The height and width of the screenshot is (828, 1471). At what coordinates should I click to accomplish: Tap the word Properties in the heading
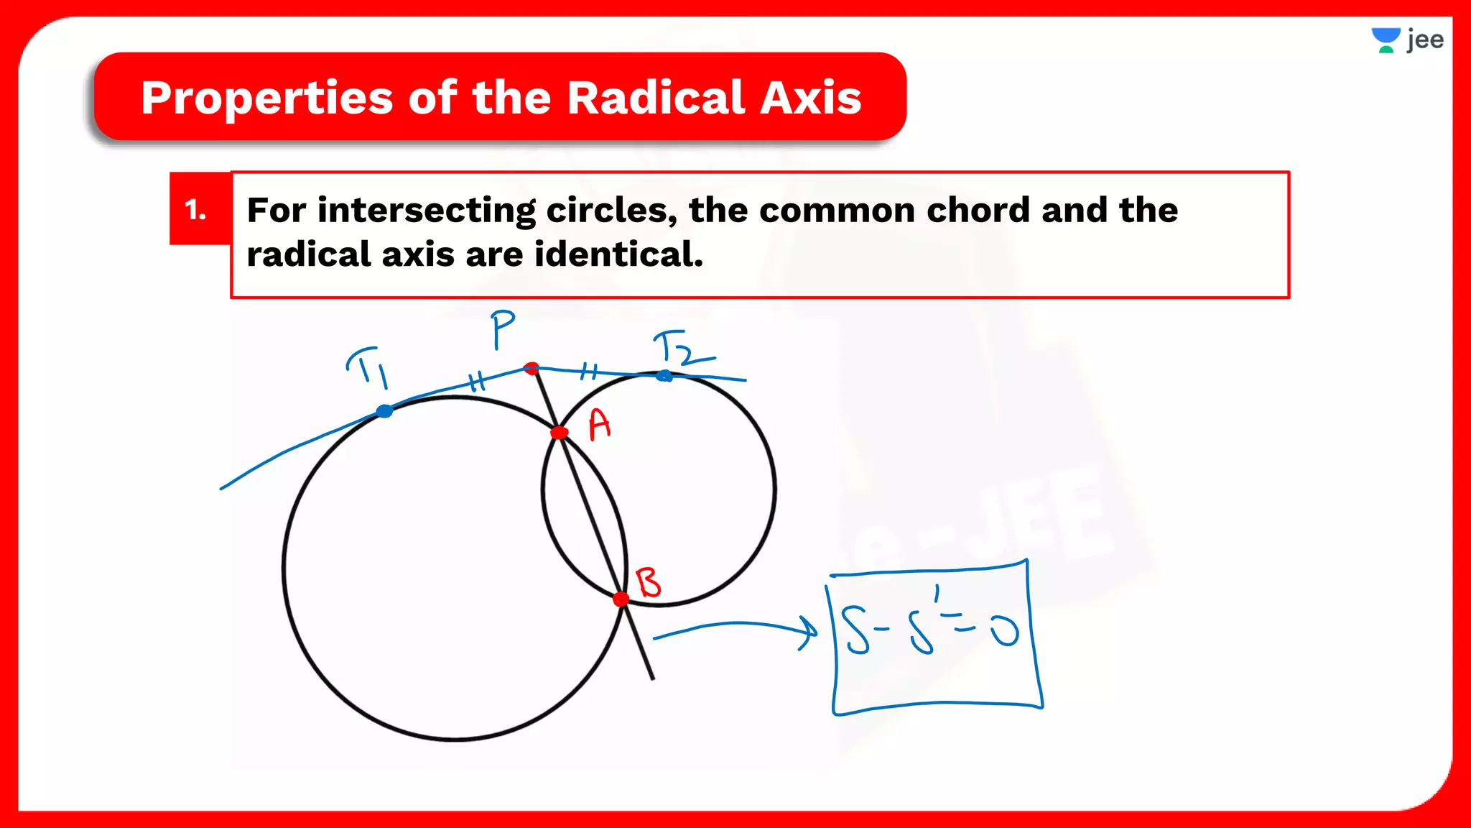pyautogui.click(x=266, y=99)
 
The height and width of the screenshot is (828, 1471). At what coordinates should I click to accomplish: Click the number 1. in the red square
pyautogui.click(x=196, y=210)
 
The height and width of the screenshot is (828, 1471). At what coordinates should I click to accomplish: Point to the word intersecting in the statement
pyautogui.click(x=426, y=211)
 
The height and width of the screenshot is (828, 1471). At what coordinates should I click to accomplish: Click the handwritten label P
pyautogui.click(x=502, y=328)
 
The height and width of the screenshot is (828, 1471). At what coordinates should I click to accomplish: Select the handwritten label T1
pyautogui.click(x=368, y=366)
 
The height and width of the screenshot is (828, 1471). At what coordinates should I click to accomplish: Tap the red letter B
pyautogui.click(x=649, y=582)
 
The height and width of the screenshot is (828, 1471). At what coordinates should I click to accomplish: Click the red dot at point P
pyautogui.click(x=532, y=369)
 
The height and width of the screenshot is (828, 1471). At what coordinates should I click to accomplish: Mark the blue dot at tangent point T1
pyautogui.click(x=385, y=411)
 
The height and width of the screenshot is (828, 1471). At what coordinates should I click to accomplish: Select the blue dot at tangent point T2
pyautogui.click(x=664, y=375)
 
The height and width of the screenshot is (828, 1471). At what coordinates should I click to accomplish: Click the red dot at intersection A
pyautogui.click(x=559, y=432)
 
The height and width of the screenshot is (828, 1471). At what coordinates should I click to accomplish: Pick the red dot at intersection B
pyautogui.click(x=621, y=599)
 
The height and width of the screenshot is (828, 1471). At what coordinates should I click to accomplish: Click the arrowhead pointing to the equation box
pyautogui.click(x=809, y=633)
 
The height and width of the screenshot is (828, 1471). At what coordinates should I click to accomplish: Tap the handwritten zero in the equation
pyautogui.click(x=1004, y=632)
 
